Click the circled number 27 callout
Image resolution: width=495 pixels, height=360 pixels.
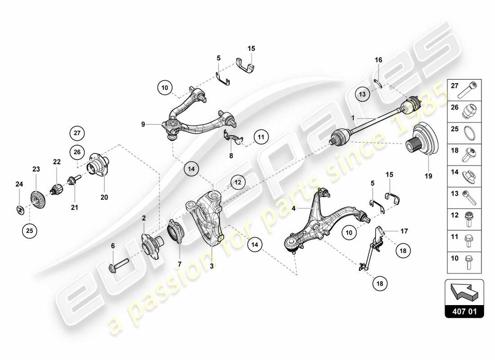pyautogui.click(x=77, y=133)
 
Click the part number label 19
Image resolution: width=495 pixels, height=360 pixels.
pyautogui.click(x=427, y=176)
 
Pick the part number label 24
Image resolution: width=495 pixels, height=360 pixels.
pyautogui.click(x=19, y=184)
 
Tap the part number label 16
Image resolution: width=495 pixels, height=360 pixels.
pyautogui.click(x=378, y=60)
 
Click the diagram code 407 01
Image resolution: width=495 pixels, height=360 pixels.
pyautogui.click(x=465, y=310)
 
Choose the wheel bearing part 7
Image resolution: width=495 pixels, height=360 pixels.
pyautogui.click(x=174, y=231)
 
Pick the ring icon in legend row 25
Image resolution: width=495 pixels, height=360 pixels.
pyautogui.click(x=471, y=131)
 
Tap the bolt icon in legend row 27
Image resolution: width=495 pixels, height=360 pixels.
pyautogui.click(x=468, y=90)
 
